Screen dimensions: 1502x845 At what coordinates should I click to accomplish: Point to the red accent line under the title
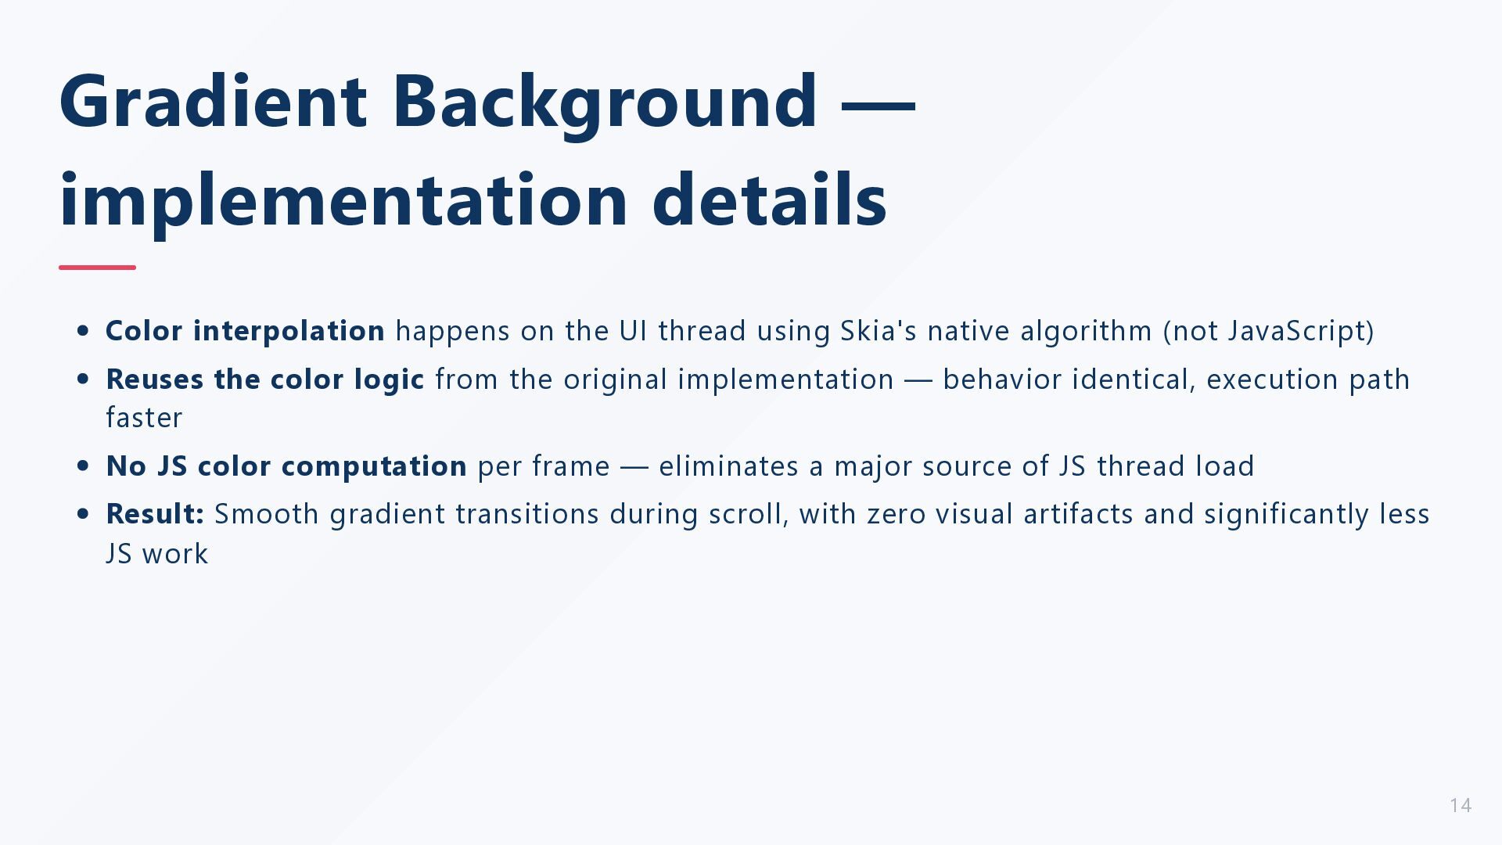(97, 268)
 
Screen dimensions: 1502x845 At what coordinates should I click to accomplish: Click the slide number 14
(1461, 805)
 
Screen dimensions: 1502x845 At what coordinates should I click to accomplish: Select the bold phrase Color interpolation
(245, 331)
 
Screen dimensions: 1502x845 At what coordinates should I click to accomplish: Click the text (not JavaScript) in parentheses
(1269, 331)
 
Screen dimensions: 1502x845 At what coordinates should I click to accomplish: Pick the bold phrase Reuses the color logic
(265, 379)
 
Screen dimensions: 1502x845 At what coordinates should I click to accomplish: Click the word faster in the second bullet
(144, 418)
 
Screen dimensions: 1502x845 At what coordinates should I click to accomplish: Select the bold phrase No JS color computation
(286, 466)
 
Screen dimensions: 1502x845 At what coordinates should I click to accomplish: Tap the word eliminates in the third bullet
(729, 466)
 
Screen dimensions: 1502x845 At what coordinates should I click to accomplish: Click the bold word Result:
(155, 514)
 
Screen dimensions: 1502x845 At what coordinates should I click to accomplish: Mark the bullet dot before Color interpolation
(84, 331)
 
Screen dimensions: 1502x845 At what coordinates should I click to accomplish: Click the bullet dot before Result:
(84, 514)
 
